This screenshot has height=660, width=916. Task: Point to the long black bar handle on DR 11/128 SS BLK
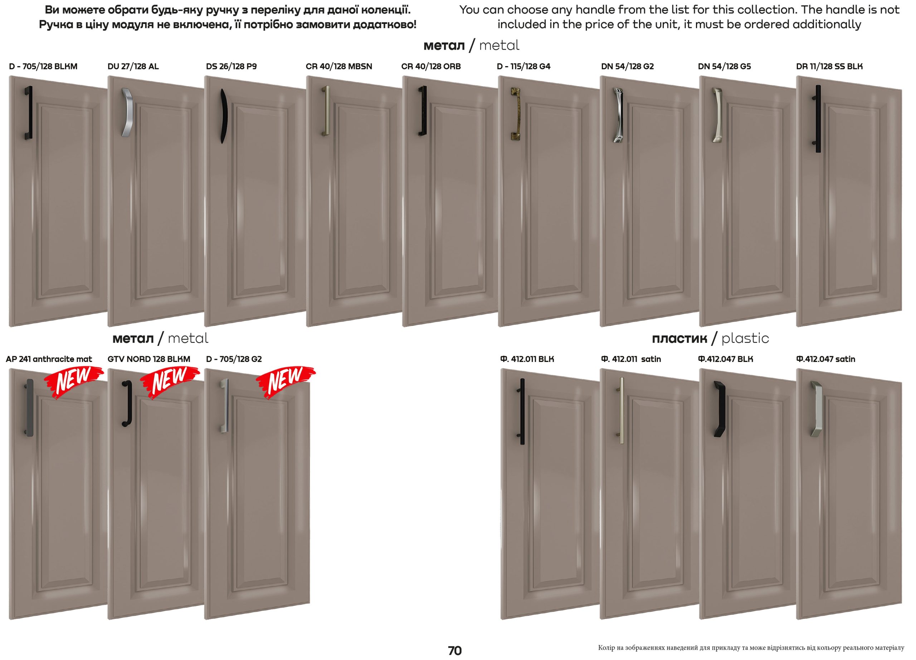tap(818, 119)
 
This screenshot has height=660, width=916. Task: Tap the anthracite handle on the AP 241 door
tap(29, 408)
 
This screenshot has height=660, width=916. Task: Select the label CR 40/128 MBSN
tap(339, 66)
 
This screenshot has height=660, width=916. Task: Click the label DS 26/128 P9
tap(232, 66)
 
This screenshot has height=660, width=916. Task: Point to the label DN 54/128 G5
tap(725, 66)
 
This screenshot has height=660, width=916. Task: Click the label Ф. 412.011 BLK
tap(527, 359)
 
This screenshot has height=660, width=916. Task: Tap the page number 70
tap(455, 651)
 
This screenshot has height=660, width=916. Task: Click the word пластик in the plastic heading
tap(680, 338)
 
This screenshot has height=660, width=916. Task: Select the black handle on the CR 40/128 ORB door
tap(423, 111)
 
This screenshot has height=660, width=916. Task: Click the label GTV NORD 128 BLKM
tap(148, 359)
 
